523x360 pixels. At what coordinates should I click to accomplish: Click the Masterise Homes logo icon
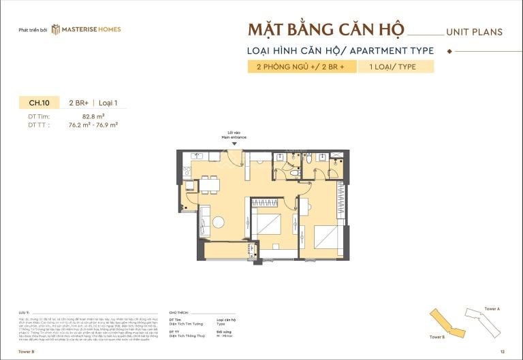[x=57, y=29]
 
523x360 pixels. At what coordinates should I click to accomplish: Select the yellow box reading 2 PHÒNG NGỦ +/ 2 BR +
[x=301, y=67]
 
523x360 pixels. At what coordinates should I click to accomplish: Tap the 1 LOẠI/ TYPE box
[x=396, y=67]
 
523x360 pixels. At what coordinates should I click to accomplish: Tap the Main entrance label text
[x=234, y=137]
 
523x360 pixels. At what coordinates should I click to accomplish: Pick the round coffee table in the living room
[x=217, y=220]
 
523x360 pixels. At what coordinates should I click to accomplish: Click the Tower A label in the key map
[x=492, y=309]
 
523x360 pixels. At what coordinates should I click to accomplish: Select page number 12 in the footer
[x=502, y=352]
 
